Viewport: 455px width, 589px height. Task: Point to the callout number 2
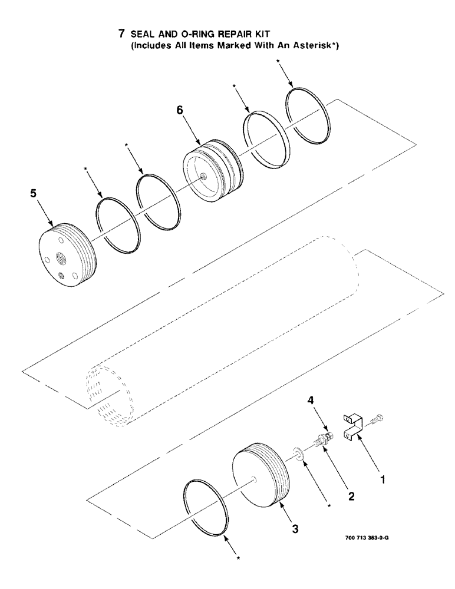click(x=351, y=497)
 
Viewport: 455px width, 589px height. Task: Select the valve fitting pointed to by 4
click(x=322, y=439)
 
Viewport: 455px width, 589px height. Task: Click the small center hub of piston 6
click(x=203, y=175)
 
